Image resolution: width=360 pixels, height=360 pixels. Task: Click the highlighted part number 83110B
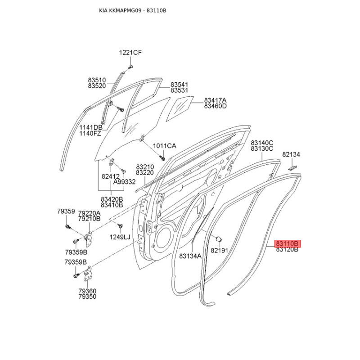pyautogui.click(x=287, y=243)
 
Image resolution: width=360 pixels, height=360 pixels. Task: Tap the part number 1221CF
pyautogui.click(x=130, y=53)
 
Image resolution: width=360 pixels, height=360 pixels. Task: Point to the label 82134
pyautogui.click(x=291, y=154)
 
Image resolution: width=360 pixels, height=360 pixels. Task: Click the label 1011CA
pyautogui.click(x=165, y=146)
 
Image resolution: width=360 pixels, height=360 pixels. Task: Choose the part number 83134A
pyautogui.click(x=190, y=256)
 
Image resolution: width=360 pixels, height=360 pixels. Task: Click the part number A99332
pyautogui.click(x=124, y=182)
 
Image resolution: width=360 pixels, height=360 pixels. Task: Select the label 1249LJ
pyautogui.click(x=120, y=237)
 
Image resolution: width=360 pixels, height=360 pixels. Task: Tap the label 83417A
pyautogui.click(x=215, y=100)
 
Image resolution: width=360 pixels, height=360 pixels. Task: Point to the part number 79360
pyautogui.click(x=87, y=291)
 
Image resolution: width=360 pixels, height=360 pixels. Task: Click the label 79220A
pyautogui.click(x=89, y=213)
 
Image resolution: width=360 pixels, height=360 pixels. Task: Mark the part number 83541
pyautogui.click(x=179, y=85)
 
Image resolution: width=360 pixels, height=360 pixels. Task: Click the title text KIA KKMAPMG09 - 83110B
pyautogui.click(x=133, y=10)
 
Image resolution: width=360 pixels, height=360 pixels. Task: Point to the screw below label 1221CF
pyautogui.click(x=130, y=67)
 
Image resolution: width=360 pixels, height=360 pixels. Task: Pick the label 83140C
pyautogui.click(x=262, y=143)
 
